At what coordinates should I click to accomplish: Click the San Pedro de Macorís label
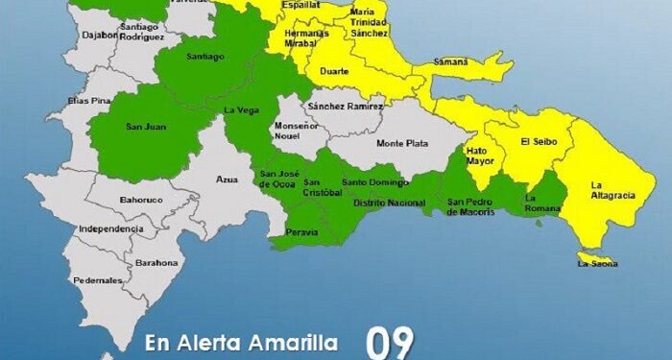(471, 206)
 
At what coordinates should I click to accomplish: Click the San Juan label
(143, 125)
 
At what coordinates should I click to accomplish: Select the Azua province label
(227, 179)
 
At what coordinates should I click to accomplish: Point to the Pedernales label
(98, 280)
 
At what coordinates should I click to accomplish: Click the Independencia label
(110, 229)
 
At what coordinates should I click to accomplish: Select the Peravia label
(302, 233)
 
